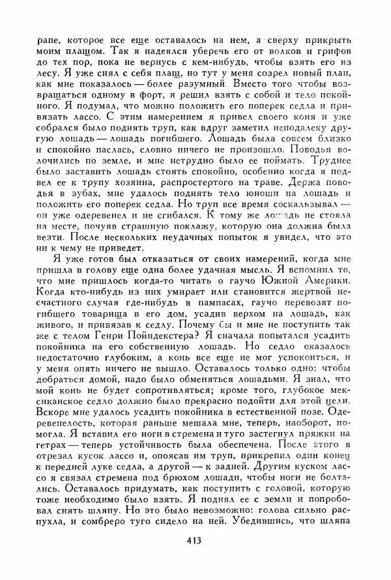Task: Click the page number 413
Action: pos(193,540)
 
